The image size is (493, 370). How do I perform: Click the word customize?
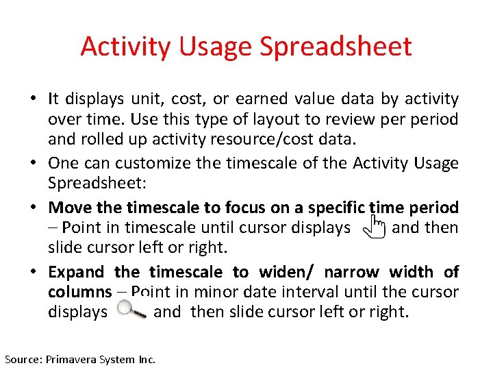pyautogui.click(x=150, y=163)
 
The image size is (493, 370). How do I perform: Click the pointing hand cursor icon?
pyautogui.click(x=373, y=227)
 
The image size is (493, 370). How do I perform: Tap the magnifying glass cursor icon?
pyautogui.click(x=131, y=311)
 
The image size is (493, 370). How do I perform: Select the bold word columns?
pyautogui.click(x=79, y=292)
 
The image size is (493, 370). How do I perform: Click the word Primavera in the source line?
pyautogui.click(x=73, y=359)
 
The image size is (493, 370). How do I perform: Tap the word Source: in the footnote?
pyautogui.click(x=23, y=359)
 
